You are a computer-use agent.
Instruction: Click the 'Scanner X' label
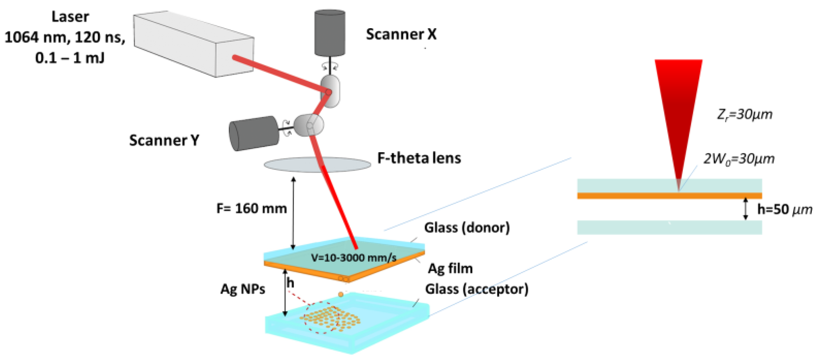tap(401, 34)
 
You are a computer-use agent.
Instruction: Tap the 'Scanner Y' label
tap(164, 140)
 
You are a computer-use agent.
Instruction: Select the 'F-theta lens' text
tap(419, 158)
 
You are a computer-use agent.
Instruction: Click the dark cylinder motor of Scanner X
tap(330, 33)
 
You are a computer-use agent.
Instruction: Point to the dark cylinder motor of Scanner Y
tap(254, 133)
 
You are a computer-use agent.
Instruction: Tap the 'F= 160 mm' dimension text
tap(251, 209)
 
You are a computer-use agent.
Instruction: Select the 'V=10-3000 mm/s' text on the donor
tap(354, 258)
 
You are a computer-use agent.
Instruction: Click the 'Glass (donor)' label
tap(467, 227)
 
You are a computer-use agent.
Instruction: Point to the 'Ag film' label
tap(450, 268)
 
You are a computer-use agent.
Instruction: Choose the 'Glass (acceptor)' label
tap(476, 289)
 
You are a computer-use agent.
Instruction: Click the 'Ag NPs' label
tap(243, 289)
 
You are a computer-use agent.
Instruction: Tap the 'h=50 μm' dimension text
tap(784, 209)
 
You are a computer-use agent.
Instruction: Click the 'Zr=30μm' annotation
tap(744, 114)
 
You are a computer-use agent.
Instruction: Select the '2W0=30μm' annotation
tap(739, 159)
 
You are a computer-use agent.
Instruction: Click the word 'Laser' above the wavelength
tap(70, 16)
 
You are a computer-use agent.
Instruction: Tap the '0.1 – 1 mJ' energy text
tap(70, 58)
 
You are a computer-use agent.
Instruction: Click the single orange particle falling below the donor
tap(340, 294)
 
